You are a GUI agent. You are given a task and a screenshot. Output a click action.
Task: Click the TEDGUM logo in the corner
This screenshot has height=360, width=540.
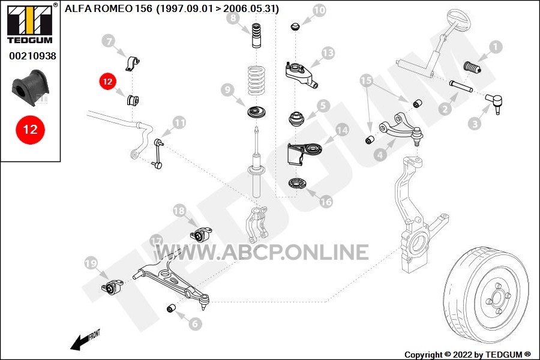[30, 24]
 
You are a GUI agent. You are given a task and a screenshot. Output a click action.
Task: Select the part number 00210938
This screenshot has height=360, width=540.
[32, 56]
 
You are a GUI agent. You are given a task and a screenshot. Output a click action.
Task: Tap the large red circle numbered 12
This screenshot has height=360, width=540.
[31, 130]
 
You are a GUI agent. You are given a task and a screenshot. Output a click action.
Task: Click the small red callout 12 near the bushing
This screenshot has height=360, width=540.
[107, 82]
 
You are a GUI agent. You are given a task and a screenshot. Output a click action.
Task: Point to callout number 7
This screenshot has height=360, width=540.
[109, 41]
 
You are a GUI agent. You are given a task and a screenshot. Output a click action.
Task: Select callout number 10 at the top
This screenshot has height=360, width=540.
[319, 10]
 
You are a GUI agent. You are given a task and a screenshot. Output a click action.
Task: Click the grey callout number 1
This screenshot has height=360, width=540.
[495, 47]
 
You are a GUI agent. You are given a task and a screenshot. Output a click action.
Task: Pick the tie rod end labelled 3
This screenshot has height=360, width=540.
[494, 103]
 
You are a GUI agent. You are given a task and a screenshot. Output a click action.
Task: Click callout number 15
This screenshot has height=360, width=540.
[366, 80]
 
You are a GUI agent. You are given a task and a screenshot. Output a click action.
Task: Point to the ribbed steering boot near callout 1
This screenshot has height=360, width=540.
[472, 68]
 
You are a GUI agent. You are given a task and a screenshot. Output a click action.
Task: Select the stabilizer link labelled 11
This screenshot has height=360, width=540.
[158, 154]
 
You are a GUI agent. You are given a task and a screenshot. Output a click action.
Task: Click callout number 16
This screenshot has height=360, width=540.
[326, 202]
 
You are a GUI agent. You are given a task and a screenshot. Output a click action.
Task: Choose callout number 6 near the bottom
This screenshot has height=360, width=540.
[195, 323]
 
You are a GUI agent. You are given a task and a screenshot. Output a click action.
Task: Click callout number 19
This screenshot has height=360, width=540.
[91, 263]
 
